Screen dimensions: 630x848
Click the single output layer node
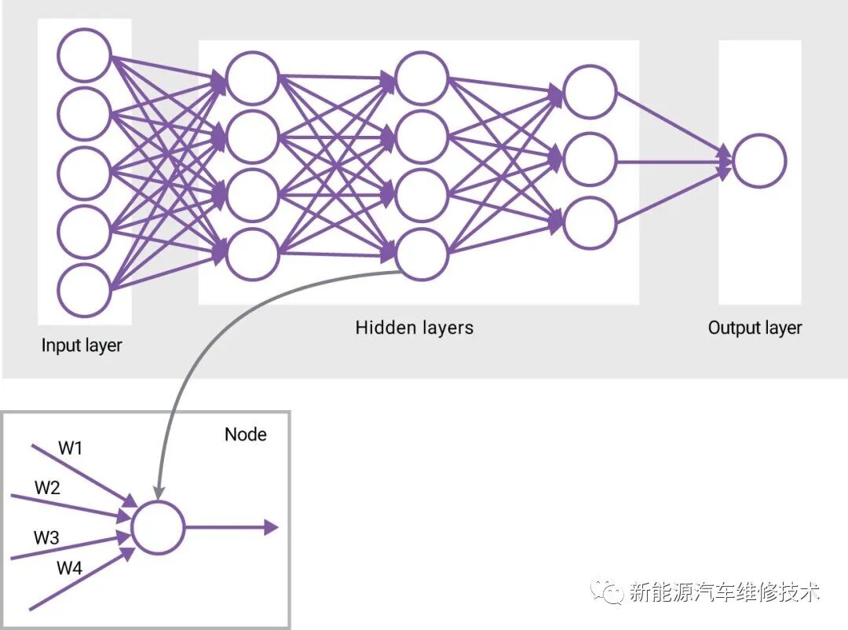pyautogui.click(x=758, y=161)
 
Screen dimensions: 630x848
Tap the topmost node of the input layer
pyautogui.click(x=85, y=55)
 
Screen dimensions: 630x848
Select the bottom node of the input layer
pyautogui.click(x=85, y=291)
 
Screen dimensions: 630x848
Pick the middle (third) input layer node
pyautogui.click(x=85, y=173)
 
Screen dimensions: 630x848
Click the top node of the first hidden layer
pyautogui.click(x=252, y=78)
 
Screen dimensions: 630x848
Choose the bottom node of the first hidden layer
pyautogui.click(x=252, y=254)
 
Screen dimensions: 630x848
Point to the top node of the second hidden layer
pyautogui.click(x=422, y=78)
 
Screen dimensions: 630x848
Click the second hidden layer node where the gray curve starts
pyautogui.click(x=422, y=254)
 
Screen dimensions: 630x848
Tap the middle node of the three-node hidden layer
pyautogui.click(x=590, y=159)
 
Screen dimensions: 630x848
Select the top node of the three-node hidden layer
pyautogui.click(x=590, y=93)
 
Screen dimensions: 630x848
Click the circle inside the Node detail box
pyautogui.click(x=158, y=527)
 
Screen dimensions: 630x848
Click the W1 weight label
pyautogui.click(x=71, y=449)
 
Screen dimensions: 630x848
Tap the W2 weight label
pyautogui.click(x=47, y=488)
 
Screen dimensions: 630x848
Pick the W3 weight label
pyautogui.click(x=46, y=538)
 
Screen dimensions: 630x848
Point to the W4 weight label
pyautogui.click(x=69, y=568)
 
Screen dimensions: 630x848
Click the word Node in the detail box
pyautogui.click(x=245, y=434)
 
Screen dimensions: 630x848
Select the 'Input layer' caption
pyautogui.click(x=82, y=345)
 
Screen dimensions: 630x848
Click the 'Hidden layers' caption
pyautogui.click(x=415, y=328)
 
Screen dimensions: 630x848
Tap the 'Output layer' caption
pyautogui.click(x=755, y=328)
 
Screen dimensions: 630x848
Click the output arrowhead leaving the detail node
pyautogui.click(x=271, y=527)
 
